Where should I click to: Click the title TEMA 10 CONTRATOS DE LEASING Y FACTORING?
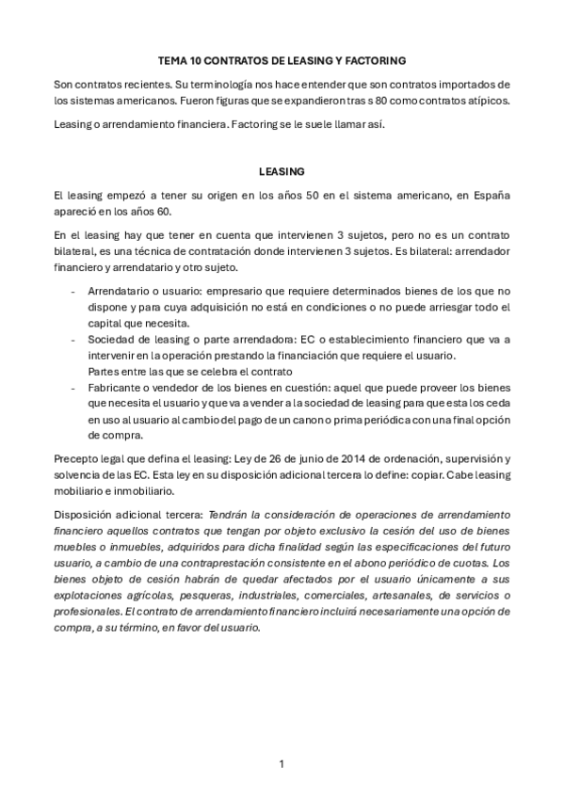[282, 60]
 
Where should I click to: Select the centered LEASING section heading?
[282, 171]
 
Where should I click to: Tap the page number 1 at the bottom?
[282, 763]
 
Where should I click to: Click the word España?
[488, 195]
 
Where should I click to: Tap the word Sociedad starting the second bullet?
[110, 338]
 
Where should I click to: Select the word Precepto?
[78, 457]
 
